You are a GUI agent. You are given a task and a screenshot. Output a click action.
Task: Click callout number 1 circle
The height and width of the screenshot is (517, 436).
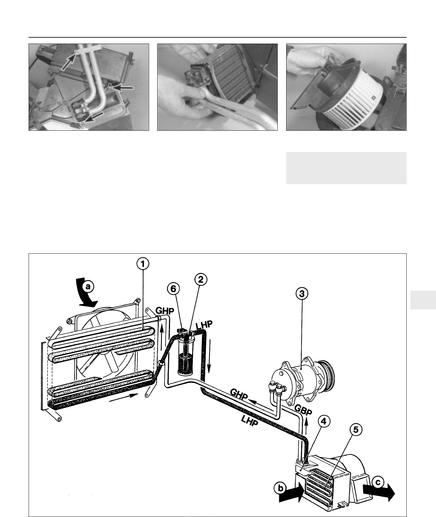[x=143, y=264]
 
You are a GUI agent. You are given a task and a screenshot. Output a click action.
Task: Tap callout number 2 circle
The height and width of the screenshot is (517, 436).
[x=200, y=279]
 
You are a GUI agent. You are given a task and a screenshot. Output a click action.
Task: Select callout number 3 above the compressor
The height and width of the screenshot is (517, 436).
[x=302, y=294]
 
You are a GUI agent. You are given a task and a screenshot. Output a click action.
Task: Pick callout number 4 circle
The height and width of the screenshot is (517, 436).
[x=324, y=421]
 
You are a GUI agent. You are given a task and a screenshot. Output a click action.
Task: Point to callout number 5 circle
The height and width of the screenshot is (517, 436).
[x=355, y=430]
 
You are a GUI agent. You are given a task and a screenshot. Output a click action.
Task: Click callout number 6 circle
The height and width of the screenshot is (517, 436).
[x=173, y=289]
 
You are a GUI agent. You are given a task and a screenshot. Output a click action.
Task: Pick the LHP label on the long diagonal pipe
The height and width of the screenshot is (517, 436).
[x=250, y=421]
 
